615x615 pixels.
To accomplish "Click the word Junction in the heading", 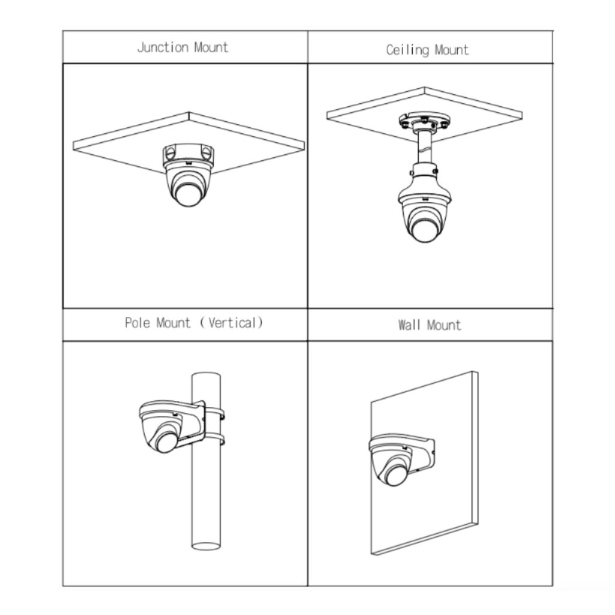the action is (x=163, y=48).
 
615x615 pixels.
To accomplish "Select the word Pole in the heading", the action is (x=138, y=323).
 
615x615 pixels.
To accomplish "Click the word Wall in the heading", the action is (x=410, y=325).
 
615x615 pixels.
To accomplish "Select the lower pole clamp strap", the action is (x=214, y=439).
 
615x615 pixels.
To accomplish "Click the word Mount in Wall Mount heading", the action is (x=444, y=325).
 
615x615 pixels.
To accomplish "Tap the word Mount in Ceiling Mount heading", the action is (x=452, y=50).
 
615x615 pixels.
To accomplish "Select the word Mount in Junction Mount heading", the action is (x=211, y=48).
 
